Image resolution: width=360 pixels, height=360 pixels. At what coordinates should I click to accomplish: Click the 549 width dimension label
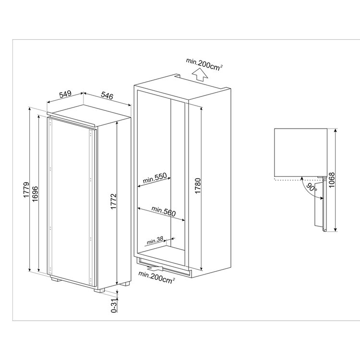[65, 95]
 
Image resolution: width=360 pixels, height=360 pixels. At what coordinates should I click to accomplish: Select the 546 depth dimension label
[107, 96]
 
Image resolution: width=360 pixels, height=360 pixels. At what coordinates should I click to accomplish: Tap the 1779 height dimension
[26, 190]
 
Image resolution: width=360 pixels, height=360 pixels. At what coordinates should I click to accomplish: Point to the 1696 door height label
[36, 194]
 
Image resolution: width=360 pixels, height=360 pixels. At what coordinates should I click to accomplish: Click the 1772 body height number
[114, 201]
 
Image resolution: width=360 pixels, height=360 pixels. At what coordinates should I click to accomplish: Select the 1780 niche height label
[198, 186]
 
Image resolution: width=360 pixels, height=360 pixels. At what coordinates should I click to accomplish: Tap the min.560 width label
[164, 212]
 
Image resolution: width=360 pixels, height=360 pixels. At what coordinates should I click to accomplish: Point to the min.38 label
[155, 240]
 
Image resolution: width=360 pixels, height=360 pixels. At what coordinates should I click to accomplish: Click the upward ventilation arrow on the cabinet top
[199, 75]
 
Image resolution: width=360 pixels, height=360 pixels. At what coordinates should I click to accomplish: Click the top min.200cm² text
[204, 64]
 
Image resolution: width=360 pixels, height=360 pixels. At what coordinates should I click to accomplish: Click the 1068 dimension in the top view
[332, 180]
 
